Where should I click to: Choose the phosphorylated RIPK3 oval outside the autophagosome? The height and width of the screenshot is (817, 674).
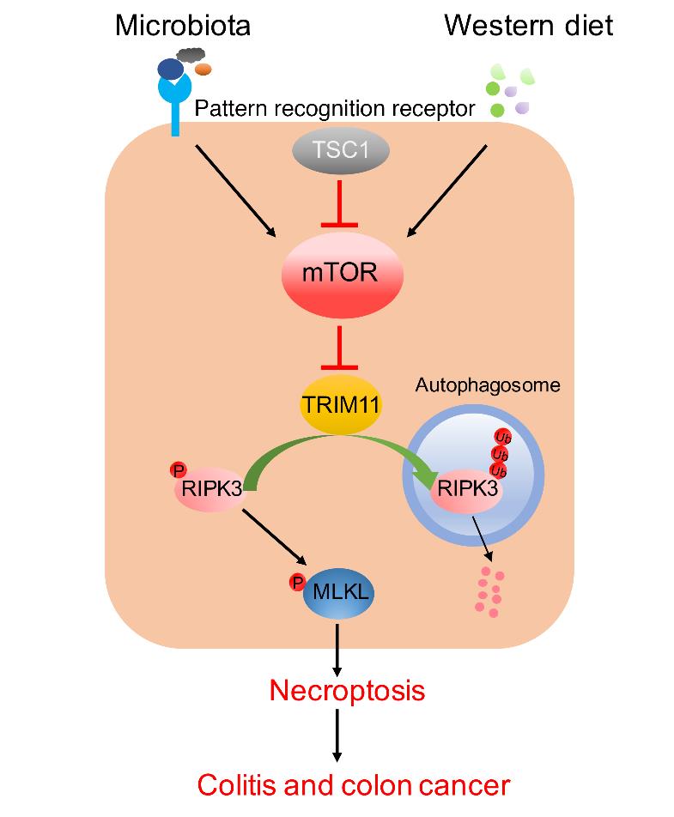pos(211,490)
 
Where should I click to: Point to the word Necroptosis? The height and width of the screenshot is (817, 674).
pos(347,689)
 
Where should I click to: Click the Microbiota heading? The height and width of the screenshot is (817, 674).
pos(183,26)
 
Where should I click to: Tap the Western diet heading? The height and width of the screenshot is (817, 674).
pos(528,26)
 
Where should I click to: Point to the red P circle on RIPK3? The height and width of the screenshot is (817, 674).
pos(179,469)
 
